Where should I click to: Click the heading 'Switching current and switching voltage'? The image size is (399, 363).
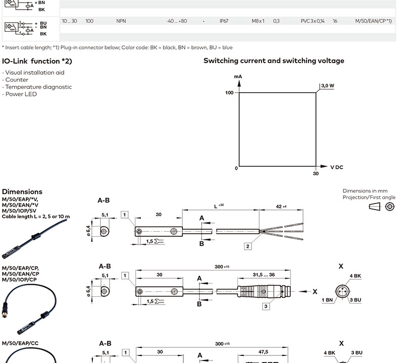pos(274,61)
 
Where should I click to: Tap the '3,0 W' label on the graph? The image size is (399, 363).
pos(327,86)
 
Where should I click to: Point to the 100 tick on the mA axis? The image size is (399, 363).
pos(229,93)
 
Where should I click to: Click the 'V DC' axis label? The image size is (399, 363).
pos(337,167)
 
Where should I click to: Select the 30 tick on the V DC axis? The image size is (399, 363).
pos(316,173)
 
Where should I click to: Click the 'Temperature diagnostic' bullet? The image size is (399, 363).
pos(38,87)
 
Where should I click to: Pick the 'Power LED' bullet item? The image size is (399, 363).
pos(20,94)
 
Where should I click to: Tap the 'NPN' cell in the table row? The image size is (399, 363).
pos(121,21)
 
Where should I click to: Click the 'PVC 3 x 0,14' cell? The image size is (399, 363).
pos(313,21)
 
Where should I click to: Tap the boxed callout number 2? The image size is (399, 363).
pos(248,246)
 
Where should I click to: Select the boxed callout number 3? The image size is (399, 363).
pos(266,306)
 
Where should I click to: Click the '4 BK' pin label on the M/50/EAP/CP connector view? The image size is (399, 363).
pos(356,276)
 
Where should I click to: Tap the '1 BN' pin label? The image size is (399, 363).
pos(327,300)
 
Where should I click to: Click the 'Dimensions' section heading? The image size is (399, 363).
pos(22,192)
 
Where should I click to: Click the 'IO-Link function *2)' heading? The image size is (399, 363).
pos(37,61)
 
